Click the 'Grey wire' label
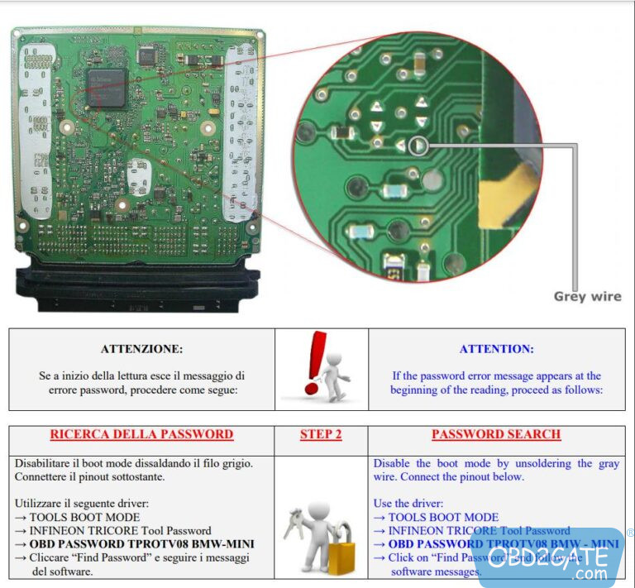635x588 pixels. [587, 297]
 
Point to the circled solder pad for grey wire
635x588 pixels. [419, 146]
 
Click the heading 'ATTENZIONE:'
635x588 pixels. [141, 349]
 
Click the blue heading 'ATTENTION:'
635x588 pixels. [496, 349]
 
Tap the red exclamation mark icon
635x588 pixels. [315, 362]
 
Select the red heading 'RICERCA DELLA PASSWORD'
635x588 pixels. [141, 434]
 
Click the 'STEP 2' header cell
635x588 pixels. [321, 434]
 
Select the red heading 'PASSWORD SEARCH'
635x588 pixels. [496, 434]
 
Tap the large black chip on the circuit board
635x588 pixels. [106, 87]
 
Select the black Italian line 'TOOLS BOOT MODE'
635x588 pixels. [82, 517]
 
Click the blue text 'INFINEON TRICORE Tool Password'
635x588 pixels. [479, 530]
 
